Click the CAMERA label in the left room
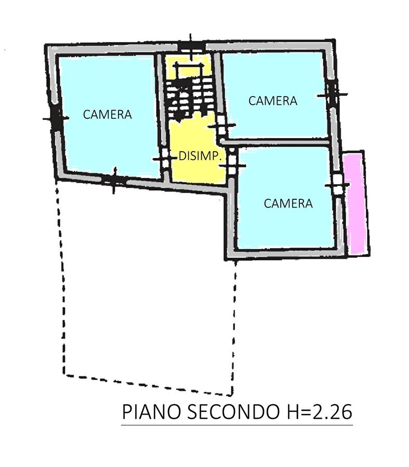(x=108, y=114)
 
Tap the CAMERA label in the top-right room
(x=273, y=101)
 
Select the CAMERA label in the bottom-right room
(x=288, y=203)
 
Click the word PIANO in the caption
(x=152, y=412)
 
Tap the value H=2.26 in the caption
(x=317, y=412)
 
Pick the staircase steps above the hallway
(x=190, y=98)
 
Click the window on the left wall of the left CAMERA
(x=56, y=118)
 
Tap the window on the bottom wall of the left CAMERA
(x=114, y=181)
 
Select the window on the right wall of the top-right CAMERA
(x=333, y=95)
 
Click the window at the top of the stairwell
(x=191, y=48)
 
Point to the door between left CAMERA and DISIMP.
(x=164, y=159)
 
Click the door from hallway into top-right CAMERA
(x=221, y=127)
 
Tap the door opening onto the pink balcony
(x=338, y=185)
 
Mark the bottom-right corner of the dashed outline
(x=232, y=395)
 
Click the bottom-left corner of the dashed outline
(x=64, y=374)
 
